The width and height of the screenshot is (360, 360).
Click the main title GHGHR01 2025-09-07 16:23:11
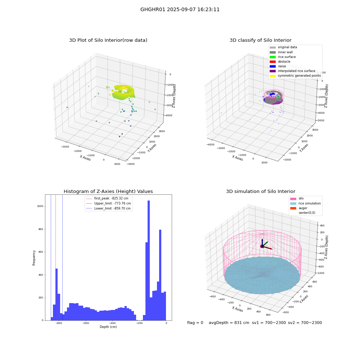180,9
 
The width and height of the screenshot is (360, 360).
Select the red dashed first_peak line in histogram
55,258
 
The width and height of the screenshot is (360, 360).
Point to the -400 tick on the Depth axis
112,323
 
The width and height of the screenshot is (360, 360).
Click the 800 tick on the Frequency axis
40,229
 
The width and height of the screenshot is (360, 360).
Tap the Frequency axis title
34,258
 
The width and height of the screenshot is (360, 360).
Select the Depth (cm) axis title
108,327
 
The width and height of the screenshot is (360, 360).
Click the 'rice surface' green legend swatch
273,57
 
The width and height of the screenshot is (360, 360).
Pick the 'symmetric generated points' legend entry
295,76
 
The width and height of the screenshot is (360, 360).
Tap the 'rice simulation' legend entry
305,203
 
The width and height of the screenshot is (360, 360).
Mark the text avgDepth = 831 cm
229,323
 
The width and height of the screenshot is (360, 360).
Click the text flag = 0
195,323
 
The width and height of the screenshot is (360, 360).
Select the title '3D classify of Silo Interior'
261,40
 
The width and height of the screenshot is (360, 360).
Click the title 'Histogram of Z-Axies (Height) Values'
108,192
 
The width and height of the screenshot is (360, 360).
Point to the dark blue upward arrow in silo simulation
262,242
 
